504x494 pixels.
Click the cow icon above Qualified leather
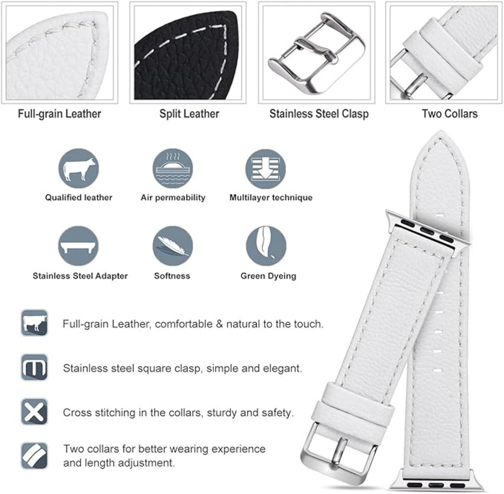coord(79,169)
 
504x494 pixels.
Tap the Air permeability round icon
coord(172,169)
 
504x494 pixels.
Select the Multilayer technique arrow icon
coord(265,169)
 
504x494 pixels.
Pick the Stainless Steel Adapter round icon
coord(78,246)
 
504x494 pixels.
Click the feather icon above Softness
coord(172,246)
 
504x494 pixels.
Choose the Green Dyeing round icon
coord(266,246)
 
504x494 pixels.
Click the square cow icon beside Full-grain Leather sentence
coord(34,323)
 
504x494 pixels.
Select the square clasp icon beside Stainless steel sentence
coord(34,367)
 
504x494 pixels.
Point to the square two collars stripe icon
coord(34,456)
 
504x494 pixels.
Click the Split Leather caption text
coord(189,114)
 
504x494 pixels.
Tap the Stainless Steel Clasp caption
coord(319,114)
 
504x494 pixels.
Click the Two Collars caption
coord(450,114)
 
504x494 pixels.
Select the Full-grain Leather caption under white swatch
coord(59,114)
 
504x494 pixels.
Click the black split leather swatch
coord(187,56)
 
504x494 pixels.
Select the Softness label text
coord(172,276)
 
